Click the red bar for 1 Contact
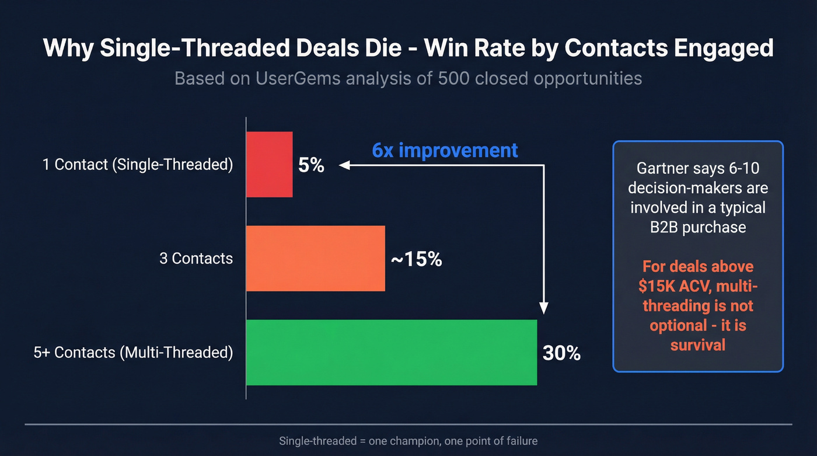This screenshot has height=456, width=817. pyautogui.click(x=269, y=164)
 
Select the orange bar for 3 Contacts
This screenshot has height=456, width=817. pyautogui.click(x=315, y=258)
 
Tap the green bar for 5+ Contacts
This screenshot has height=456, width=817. pyautogui.click(x=391, y=352)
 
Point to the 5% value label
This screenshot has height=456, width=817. pyautogui.click(x=311, y=165)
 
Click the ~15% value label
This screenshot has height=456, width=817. pyautogui.click(x=416, y=259)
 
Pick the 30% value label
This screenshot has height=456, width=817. pyautogui.click(x=561, y=353)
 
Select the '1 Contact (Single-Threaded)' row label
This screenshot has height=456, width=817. pyautogui.click(x=138, y=165)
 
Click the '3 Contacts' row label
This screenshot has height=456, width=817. pyautogui.click(x=196, y=258)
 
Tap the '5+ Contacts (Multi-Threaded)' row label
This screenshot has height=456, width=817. pyautogui.click(x=134, y=353)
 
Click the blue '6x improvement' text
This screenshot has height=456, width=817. pyautogui.click(x=445, y=150)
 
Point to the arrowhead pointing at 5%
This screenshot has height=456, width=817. pyautogui.click(x=344, y=165)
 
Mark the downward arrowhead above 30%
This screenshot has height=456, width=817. pyautogui.click(x=544, y=309)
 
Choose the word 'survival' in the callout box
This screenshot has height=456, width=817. pyautogui.click(x=697, y=344)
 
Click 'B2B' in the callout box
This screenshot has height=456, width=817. pyautogui.click(x=664, y=227)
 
